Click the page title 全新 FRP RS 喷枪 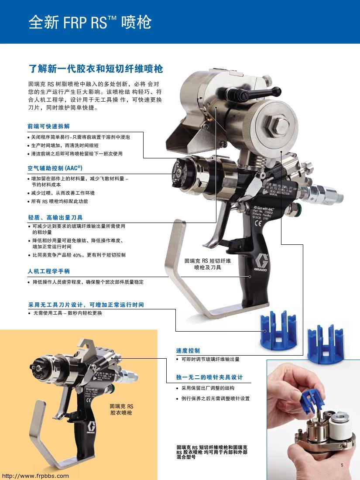(89, 22)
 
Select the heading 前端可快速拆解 (48, 127)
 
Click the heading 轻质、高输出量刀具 (55, 217)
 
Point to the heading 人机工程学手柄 (48, 271)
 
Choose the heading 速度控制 (188, 350)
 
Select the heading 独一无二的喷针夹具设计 (209, 377)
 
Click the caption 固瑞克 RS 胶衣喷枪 (121, 409)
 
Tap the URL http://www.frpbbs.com (35, 476)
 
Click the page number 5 (342, 465)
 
